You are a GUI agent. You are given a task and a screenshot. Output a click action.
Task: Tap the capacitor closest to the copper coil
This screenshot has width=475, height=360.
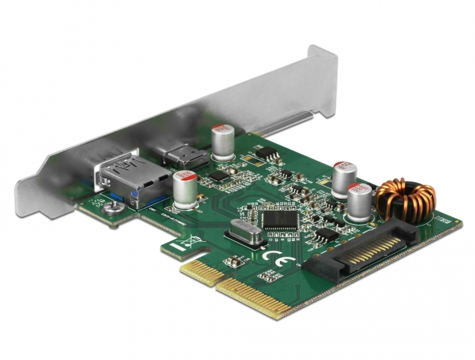tap(359, 202)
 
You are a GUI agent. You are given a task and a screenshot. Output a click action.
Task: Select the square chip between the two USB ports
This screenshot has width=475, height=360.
tap(218, 177)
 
